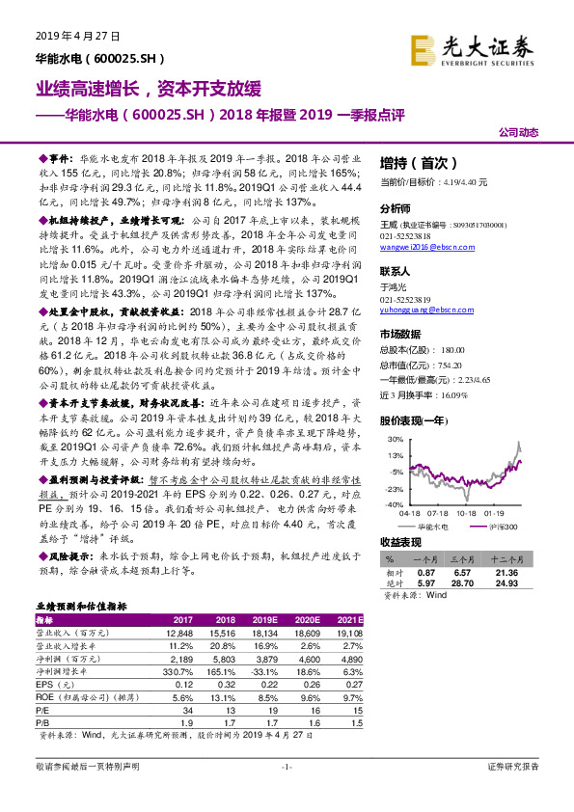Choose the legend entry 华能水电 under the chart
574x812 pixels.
(433, 527)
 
